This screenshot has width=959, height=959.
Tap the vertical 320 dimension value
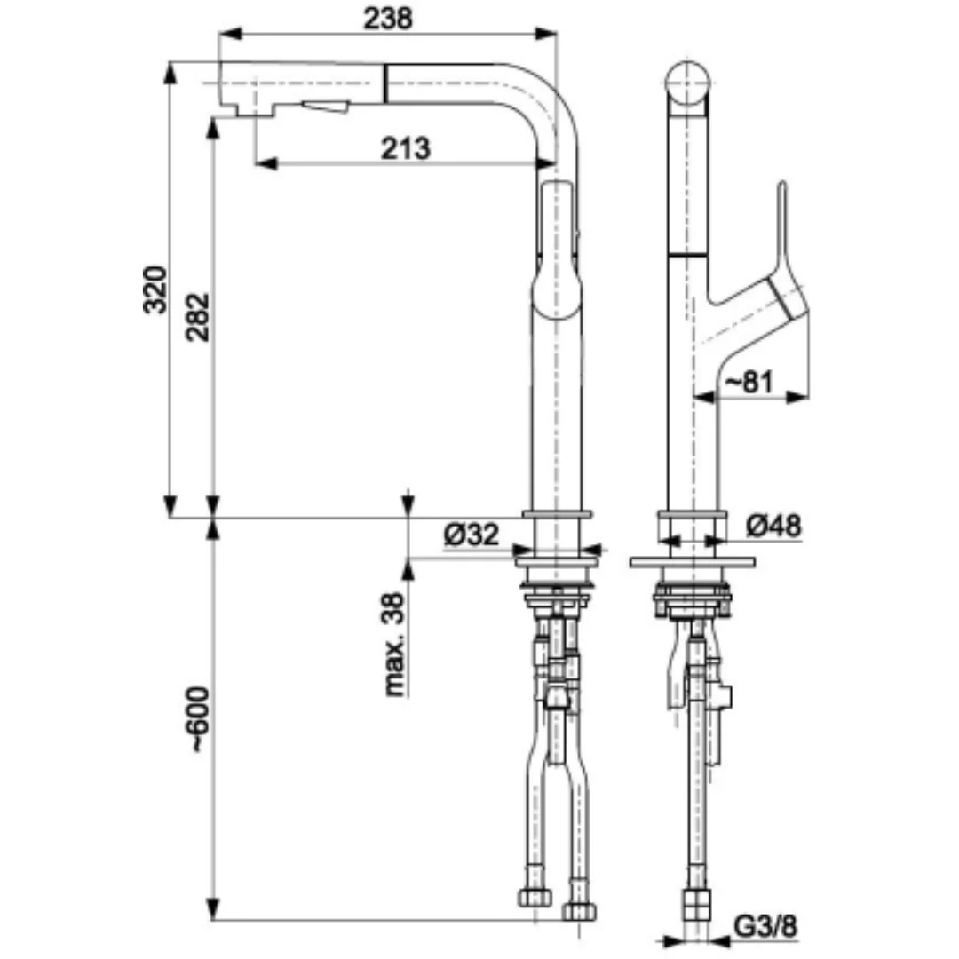tap(155, 289)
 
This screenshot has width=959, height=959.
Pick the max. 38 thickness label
tap(395, 644)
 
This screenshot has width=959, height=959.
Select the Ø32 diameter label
tap(471, 535)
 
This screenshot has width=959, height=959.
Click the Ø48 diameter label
tap(773, 526)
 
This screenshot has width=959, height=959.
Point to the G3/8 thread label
tap(765, 926)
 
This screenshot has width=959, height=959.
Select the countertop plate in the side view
tap(692, 562)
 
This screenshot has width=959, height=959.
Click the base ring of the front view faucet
tap(556, 514)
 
